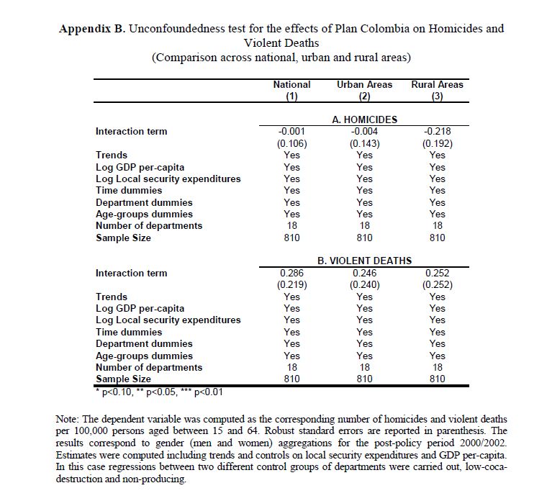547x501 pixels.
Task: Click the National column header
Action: click(x=291, y=84)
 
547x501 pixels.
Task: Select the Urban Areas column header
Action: click(x=364, y=84)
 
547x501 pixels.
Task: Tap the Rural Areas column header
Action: click(x=437, y=84)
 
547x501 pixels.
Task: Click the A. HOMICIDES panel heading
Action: click(x=364, y=119)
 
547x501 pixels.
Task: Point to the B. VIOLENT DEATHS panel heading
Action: click(x=364, y=261)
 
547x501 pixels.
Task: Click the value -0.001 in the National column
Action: click(x=291, y=131)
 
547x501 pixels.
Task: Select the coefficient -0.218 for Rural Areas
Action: click(x=437, y=131)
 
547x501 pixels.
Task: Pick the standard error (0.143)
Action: click(x=364, y=143)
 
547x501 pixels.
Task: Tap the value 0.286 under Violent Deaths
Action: click(x=291, y=273)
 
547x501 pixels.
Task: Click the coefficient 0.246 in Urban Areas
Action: click(x=364, y=273)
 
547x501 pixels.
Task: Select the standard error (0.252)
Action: click(x=437, y=284)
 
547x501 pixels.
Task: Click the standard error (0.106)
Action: click(x=291, y=143)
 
